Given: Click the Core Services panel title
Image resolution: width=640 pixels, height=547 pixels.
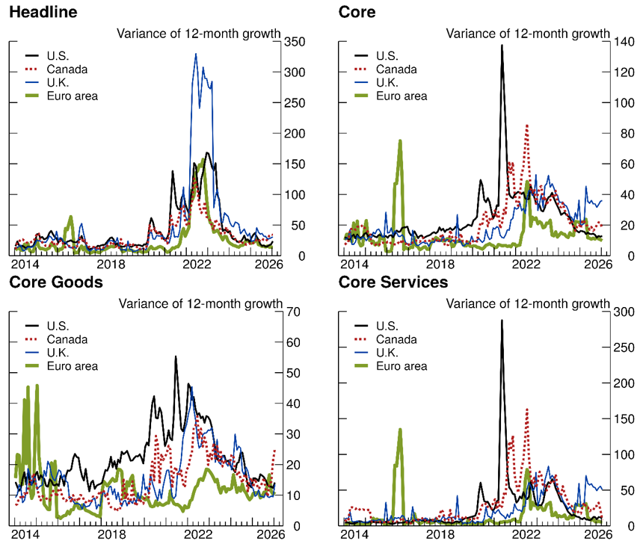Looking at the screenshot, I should coord(393,282).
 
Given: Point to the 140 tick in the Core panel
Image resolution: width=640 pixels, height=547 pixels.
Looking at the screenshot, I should coord(622,42).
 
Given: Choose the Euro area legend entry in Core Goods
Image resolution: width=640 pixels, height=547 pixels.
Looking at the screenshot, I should coord(73,366).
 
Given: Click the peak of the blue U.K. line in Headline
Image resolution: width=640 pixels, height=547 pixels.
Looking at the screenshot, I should coord(196,54).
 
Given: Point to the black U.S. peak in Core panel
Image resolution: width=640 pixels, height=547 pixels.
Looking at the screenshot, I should coord(502,46).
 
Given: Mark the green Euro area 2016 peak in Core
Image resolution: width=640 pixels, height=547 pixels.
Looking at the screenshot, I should coord(401,140).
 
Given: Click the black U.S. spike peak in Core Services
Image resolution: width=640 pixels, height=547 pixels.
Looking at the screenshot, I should coord(502,321).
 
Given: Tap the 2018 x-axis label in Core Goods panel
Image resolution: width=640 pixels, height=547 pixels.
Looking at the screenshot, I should coord(111,535).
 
